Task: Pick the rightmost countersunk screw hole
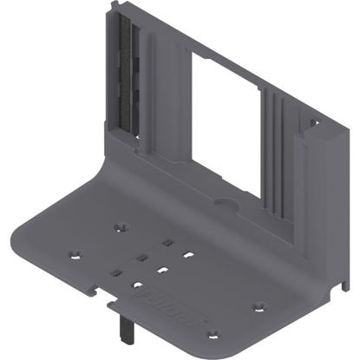[258, 306]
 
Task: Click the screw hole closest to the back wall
[121, 227]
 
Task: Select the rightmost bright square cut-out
[187, 256]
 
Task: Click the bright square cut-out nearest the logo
[137, 284]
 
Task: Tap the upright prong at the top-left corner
[114, 12]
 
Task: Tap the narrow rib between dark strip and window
[160, 87]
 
